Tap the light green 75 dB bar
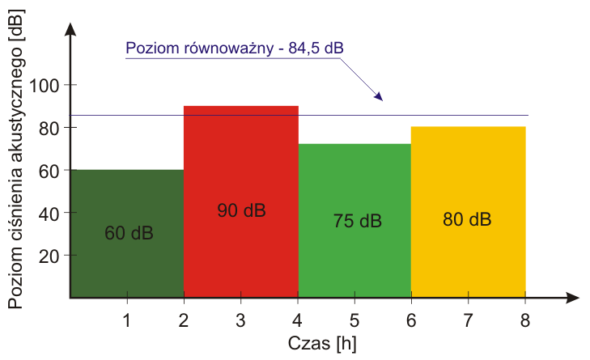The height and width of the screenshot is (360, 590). pos(354,259)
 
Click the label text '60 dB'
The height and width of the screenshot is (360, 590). pos(129,234)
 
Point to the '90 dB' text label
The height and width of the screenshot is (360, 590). pos(241,210)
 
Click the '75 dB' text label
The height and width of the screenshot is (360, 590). pos(357,221)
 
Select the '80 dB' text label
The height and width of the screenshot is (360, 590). pos(467,219)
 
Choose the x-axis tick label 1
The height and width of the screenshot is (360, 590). pos(127,320)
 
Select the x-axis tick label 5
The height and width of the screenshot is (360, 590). pos(354,320)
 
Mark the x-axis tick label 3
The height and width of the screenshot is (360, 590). pos(241,320)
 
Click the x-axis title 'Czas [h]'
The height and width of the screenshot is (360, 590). pos(321,343)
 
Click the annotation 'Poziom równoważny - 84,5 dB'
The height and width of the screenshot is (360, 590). pos(235,48)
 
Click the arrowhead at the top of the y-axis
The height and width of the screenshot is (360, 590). pos(71,29)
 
